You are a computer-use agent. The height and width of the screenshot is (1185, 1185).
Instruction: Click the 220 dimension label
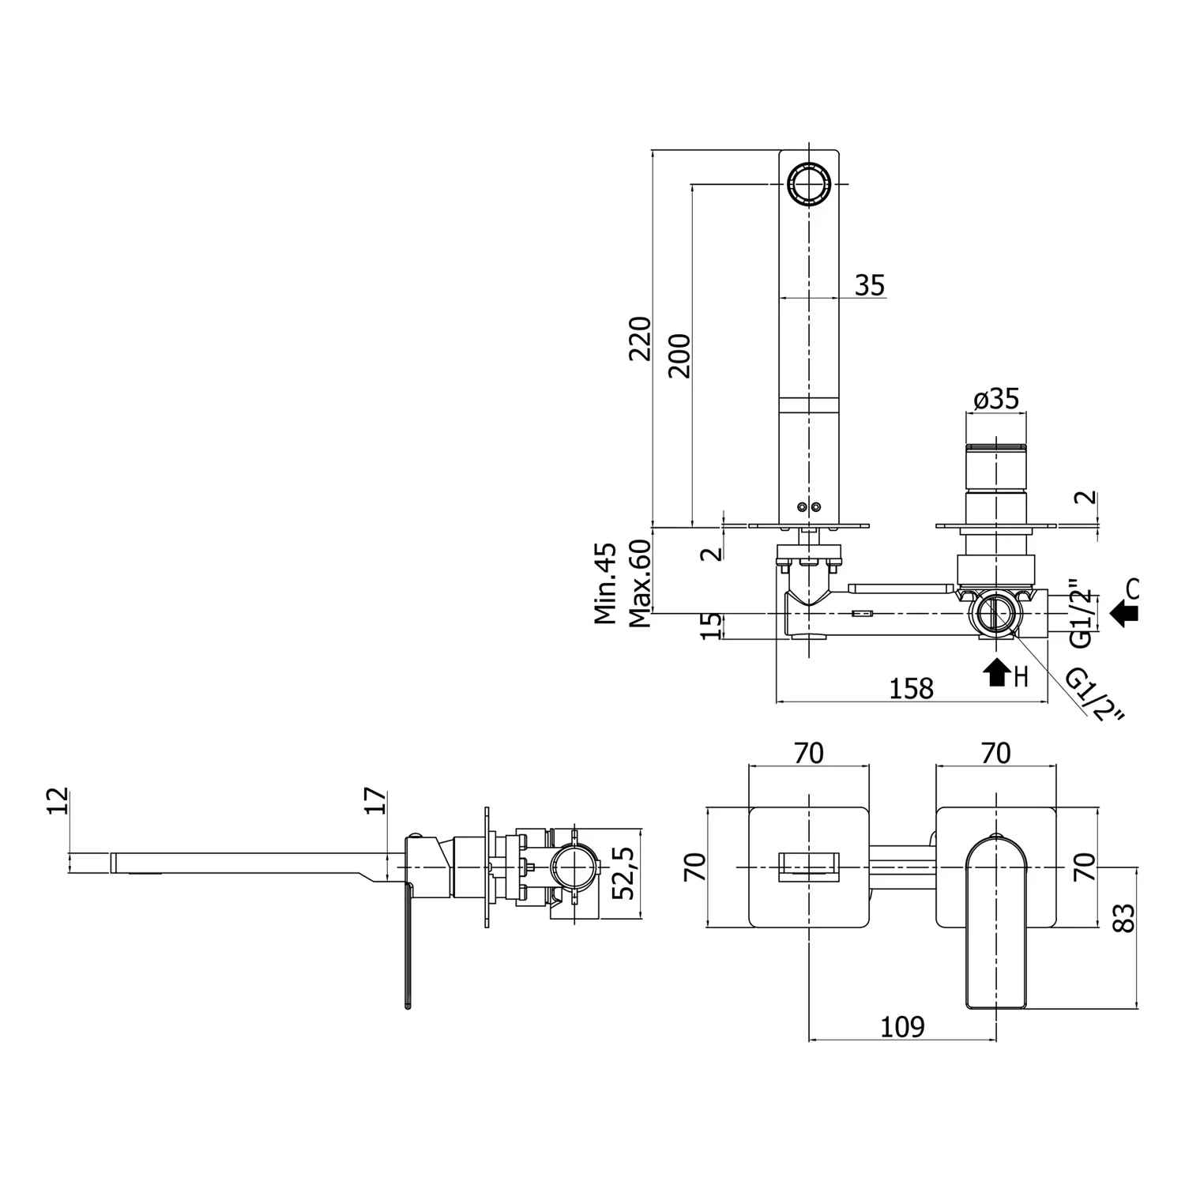point(639,338)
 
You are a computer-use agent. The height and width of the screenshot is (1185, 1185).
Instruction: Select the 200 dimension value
point(679,355)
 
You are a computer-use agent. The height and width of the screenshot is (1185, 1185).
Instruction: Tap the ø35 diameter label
point(995,399)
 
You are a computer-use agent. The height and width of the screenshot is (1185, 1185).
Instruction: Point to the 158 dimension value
point(911,688)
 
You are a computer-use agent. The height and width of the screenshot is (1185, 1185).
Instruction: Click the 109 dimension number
point(901,1026)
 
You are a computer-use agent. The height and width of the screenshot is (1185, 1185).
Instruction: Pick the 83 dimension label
point(1123,916)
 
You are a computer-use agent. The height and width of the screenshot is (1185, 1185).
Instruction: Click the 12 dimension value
point(58,801)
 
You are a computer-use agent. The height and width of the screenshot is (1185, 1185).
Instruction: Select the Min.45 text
point(605,583)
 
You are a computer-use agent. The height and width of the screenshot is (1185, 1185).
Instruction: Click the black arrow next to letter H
point(997,672)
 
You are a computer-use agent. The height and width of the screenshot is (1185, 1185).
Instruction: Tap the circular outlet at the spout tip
point(809,184)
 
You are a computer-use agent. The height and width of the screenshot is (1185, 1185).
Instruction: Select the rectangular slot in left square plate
point(808,867)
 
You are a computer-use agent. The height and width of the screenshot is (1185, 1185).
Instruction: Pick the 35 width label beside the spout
point(870,284)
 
